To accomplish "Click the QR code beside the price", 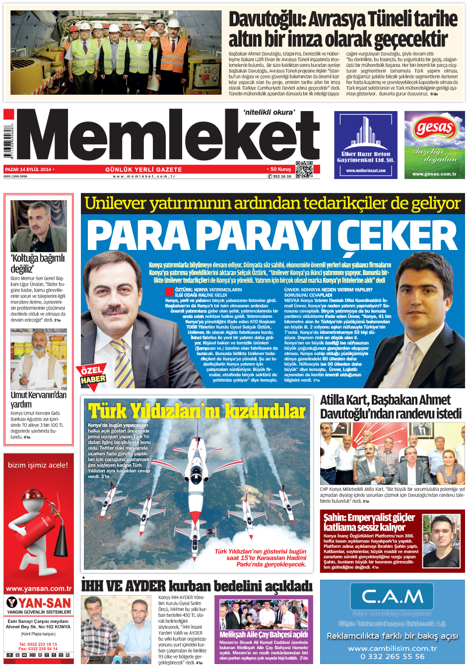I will (304, 169).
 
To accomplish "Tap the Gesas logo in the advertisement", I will (435, 128).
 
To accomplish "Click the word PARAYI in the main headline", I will (268, 235).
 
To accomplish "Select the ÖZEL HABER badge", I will (92, 375).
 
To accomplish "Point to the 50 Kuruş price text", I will (280, 169).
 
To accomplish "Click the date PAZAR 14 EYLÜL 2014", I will (28, 170).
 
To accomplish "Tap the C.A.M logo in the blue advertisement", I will (392, 596).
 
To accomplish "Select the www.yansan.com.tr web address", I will (39, 589).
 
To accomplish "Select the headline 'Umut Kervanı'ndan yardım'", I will (38, 399).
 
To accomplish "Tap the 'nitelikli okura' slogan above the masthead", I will (269, 113).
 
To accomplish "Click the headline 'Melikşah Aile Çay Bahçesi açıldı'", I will (264, 634).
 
